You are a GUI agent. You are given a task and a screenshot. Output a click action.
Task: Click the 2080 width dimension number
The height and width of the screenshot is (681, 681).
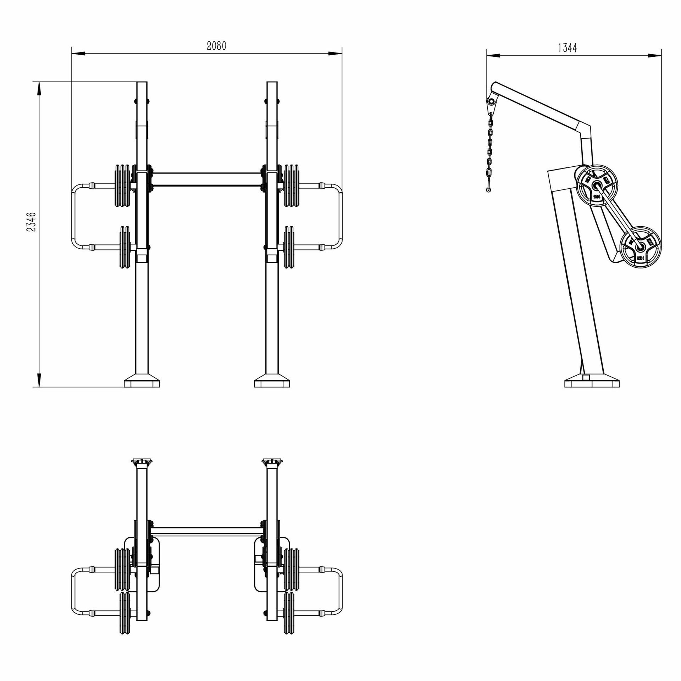pos(216,46)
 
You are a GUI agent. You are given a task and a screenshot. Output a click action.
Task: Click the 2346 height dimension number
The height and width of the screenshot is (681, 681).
pos(31,222)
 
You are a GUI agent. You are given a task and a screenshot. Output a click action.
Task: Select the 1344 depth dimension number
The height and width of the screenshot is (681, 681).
pos(567,48)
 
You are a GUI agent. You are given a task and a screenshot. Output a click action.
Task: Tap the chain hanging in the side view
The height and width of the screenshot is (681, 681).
pos(490,149)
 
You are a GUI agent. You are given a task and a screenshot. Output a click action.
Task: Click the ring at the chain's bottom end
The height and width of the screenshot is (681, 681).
pos(488,190)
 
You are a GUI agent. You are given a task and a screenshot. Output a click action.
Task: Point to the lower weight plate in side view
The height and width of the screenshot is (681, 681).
pos(641,246)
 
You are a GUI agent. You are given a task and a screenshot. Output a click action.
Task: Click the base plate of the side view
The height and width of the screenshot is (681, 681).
pos(592,383)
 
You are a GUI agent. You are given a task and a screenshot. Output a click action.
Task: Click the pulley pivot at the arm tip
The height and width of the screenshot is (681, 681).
pos(491,102)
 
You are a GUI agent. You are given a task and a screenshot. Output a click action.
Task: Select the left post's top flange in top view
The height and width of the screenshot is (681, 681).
pos(142,461)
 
